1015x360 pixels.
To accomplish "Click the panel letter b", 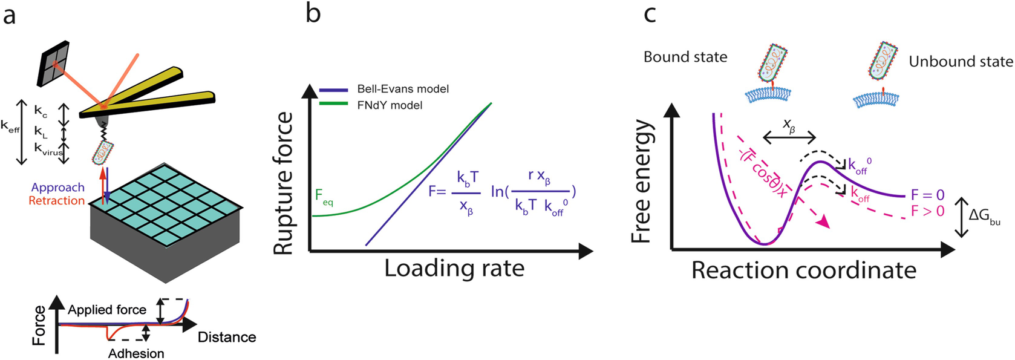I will [x=313, y=13].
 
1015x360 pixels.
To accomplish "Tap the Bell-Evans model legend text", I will [x=403, y=89].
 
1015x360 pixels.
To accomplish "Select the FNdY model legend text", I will [x=390, y=105].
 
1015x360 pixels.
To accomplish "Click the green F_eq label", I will [x=324, y=197].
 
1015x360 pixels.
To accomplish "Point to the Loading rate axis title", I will [x=454, y=268].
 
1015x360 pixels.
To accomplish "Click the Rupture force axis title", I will [x=284, y=183].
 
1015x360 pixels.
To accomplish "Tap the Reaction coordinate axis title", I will [x=803, y=270].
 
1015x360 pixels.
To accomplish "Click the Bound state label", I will [x=685, y=57].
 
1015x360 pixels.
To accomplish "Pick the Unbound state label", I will [x=961, y=62].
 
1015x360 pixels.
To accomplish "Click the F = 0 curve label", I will [x=927, y=195].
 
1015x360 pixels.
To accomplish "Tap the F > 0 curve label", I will [x=927, y=211].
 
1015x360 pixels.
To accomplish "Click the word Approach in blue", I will [x=58, y=188].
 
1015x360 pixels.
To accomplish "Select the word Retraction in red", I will [x=57, y=200].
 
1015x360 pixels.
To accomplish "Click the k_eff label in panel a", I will [x=10, y=126].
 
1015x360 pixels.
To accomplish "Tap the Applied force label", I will [x=107, y=310].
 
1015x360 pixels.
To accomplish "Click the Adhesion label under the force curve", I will [x=136, y=353].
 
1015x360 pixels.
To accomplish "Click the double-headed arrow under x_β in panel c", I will [x=789, y=139].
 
